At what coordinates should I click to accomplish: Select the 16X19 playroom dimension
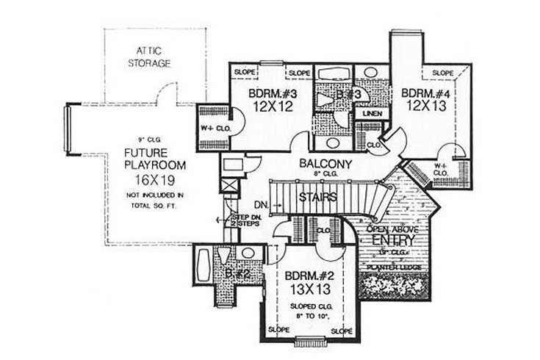tap(143, 179)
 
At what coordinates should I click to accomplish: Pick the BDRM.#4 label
tap(423, 93)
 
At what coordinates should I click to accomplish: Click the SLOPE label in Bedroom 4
tap(442, 73)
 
